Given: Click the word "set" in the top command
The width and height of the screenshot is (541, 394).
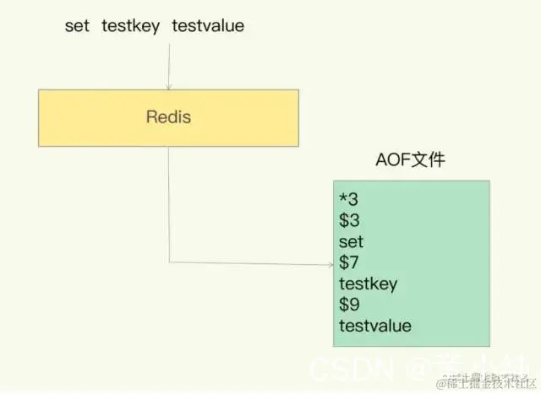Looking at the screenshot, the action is [x=77, y=26].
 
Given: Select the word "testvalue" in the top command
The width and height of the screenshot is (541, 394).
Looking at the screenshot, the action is [x=208, y=26].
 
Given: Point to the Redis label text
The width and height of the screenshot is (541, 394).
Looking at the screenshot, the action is [x=167, y=116].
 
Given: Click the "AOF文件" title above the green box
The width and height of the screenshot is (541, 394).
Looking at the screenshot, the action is [x=410, y=160].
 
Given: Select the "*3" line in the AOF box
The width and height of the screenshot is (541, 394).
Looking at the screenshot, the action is [x=347, y=199].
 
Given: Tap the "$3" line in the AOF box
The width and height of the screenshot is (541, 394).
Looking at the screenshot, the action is [x=348, y=220].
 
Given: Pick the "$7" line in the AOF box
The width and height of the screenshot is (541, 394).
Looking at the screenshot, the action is [x=348, y=262].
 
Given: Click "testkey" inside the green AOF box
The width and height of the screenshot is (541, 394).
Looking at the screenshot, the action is [x=368, y=283].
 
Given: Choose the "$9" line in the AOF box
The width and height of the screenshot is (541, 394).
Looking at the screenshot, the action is [x=348, y=305].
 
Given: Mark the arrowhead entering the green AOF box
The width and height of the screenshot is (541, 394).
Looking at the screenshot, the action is [x=330, y=263].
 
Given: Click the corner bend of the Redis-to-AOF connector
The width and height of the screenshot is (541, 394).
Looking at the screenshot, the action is [x=169, y=263].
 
